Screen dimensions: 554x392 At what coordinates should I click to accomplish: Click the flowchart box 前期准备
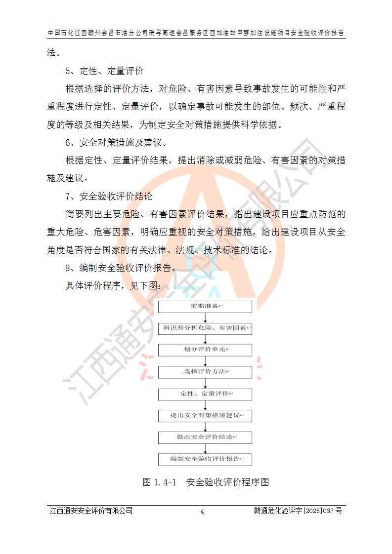pyautogui.click(x=205, y=307)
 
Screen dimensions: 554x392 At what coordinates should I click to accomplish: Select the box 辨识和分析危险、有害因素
pyautogui.click(x=205, y=328)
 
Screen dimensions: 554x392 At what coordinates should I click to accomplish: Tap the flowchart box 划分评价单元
pyautogui.click(x=205, y=350)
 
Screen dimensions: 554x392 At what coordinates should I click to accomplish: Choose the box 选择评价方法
pyautogui.click(x=205, y=372)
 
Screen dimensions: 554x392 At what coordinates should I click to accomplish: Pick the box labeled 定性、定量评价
pyautogui.click(x=205, y=394)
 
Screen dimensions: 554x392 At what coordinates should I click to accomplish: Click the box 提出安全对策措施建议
pyautogui.click(x=205, y=416)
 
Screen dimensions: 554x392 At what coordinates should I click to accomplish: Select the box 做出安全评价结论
pyautogui.click(x=205, y=437)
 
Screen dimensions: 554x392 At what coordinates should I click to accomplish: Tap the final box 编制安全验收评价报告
pyautogui.click(x=205, y=459)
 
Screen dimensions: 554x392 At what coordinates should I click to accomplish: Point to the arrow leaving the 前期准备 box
pyautogui.click(x=205, y=317)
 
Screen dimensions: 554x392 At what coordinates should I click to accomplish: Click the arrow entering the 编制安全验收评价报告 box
pyautogui.click(x=205, y=448)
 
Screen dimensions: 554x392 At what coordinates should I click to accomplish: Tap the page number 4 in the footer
pyautogui.click(x=202, y=512)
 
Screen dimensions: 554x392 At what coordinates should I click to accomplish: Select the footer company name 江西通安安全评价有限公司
pyautogui.click(x=91, y=511)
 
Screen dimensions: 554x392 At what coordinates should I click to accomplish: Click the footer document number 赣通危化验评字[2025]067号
pyautogui.click(x=295, y=511)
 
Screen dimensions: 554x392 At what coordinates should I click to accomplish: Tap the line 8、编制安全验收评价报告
pyautogui.click(x=120, y=268)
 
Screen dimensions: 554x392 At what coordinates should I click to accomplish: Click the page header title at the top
pyautogui.click(x=196, y=33)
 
